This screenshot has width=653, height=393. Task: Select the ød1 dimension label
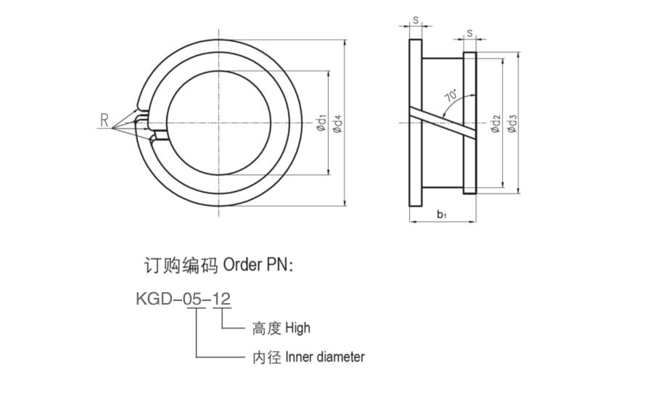(x=322, y=123)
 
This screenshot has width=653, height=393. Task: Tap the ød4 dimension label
(x=337, y=124)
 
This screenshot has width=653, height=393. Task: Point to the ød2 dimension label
(x=495, y=124)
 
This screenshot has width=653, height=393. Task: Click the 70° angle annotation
(x=451, y=95)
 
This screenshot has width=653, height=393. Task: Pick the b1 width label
(x=442, y=215)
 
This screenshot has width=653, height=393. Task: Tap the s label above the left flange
(x=415, y=20)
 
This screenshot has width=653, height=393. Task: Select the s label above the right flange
(x=469, y=33)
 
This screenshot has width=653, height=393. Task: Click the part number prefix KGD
(x=154, y=299)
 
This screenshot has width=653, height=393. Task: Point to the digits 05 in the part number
(x=195, y=299)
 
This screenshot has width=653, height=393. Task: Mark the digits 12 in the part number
(x=221, y=299)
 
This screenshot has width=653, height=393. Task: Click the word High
(x=297, y=328)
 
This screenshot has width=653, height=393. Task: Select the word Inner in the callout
(x=299, y=357)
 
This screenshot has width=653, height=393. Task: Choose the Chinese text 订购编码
(x=181, y=265)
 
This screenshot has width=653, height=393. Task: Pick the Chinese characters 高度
(x=267, y=328)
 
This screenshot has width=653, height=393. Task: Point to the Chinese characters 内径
(x=267, y=357)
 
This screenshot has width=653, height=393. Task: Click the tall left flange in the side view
(x=416, y=123)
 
